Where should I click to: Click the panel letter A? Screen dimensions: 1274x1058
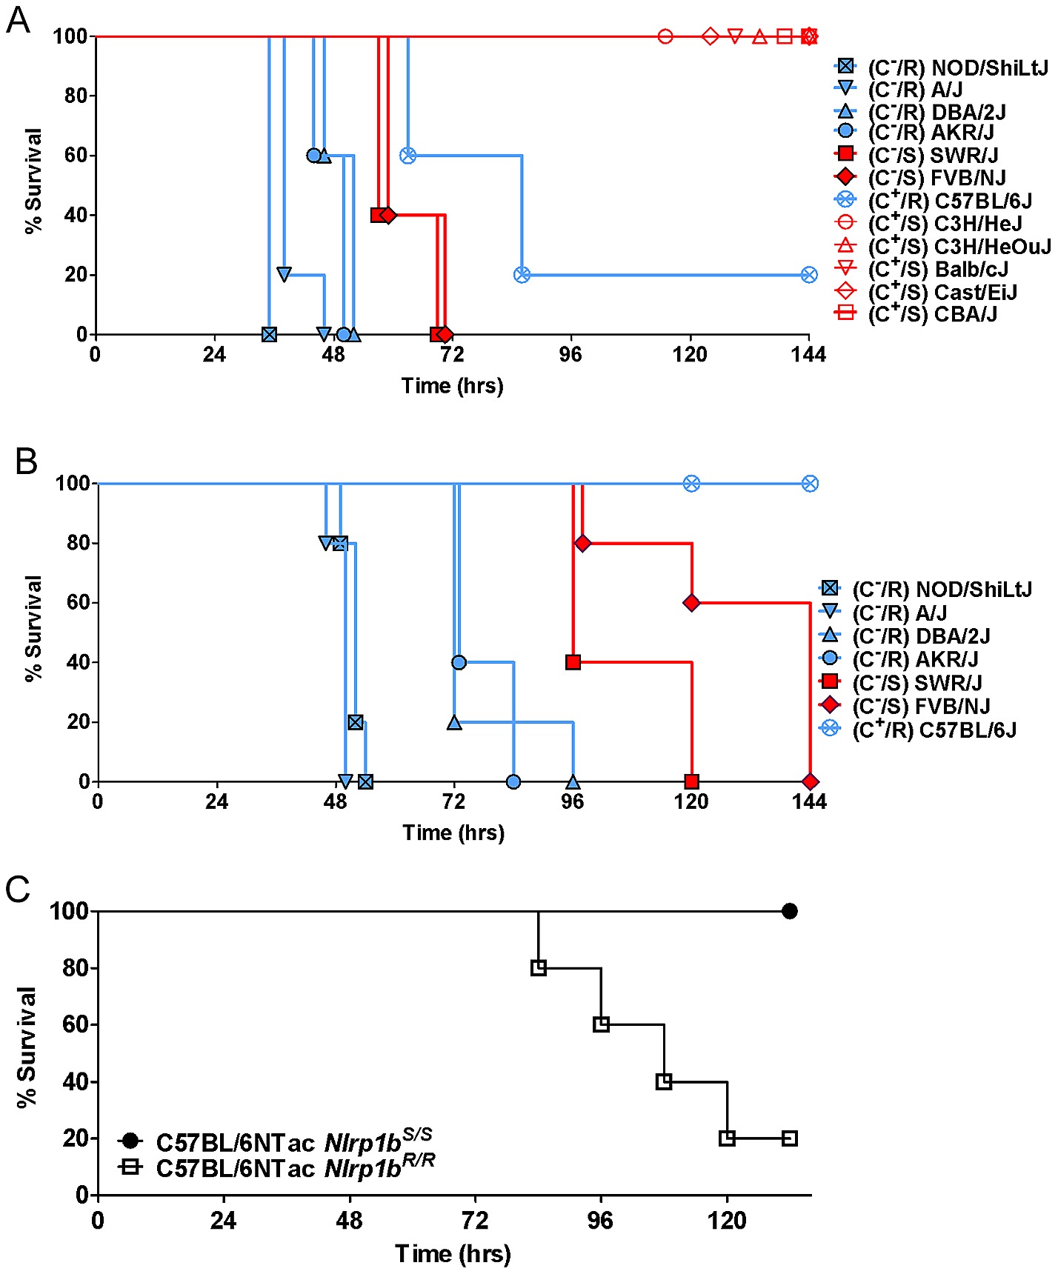[x=18, y=20]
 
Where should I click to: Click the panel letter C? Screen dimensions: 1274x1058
[x=18, y=890]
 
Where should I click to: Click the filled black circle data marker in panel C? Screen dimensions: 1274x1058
[x=790, y=911]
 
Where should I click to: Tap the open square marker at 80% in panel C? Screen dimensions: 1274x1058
[x=539, y=968]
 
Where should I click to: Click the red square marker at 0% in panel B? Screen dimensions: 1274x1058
[x=691, y=781]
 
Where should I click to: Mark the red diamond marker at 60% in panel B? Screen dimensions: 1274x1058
[x=691, y=603]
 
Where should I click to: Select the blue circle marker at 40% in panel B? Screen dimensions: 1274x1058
[x=459, y=662]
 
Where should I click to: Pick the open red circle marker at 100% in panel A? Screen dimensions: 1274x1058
[x=665, y=36]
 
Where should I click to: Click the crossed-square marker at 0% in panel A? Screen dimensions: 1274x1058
[x=269, y=335]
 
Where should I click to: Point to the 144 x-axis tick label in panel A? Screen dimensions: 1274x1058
[x=808, y=355]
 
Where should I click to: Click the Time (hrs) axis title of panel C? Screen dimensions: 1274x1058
[x=453, y=1253]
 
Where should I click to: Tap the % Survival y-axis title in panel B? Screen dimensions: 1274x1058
[x=33, y=628]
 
